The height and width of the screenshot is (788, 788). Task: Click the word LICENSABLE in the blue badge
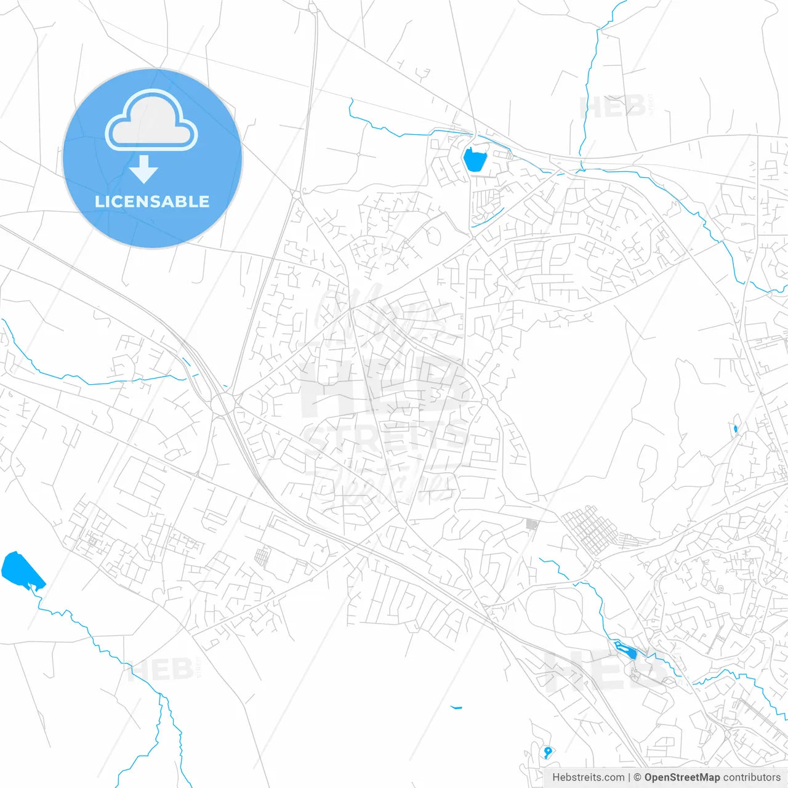tap(152, 202)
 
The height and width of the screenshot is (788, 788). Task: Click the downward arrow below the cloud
tap(144, 169)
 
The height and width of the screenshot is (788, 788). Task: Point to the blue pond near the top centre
tap(474, 160)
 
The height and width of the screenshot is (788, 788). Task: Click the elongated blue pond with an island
tap(624, 649)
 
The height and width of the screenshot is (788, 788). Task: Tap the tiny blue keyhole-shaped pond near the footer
tap(547, 752)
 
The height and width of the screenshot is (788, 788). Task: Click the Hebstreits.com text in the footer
tap(588, 778)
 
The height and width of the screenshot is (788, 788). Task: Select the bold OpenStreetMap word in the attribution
tap(681, 778)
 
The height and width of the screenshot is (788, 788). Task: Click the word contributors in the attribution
tap(752, 778)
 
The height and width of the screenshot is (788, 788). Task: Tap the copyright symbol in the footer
tap(637, 778)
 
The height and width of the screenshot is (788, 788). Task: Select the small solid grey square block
tap(532, 525)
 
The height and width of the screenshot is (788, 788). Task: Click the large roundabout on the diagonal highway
tap(222, 403)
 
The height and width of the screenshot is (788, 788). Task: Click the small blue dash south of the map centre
tap(456, 707)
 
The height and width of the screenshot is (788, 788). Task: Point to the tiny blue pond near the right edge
tap(735, 428)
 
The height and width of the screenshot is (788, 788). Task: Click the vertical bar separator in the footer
tap(629, 778)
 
